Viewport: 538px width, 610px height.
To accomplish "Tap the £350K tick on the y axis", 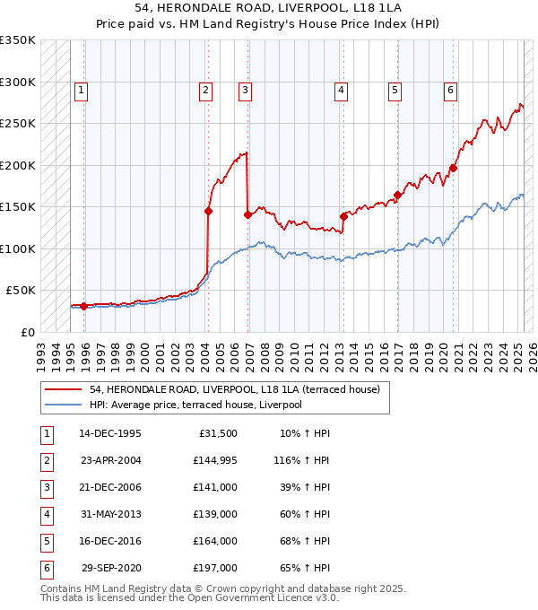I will point(18,40).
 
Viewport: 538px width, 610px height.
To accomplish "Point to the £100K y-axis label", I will point(18,248).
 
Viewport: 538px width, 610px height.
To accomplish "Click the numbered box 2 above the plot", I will point(206,90).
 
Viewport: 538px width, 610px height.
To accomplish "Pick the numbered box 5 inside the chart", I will point(395,90).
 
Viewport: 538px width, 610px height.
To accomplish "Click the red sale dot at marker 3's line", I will point(247,214).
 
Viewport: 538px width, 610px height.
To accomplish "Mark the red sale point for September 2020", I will point(453,168).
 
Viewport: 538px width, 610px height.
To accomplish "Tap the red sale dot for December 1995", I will point(84,306).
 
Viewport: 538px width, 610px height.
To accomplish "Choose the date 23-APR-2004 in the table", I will point(110,460).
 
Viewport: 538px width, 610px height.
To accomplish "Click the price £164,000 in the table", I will point(214,541).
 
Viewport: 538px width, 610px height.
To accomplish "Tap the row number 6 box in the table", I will point(46,568).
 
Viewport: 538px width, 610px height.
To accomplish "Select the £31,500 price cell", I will point(218,433).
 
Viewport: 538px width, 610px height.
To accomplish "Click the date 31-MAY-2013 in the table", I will point(110,514).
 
